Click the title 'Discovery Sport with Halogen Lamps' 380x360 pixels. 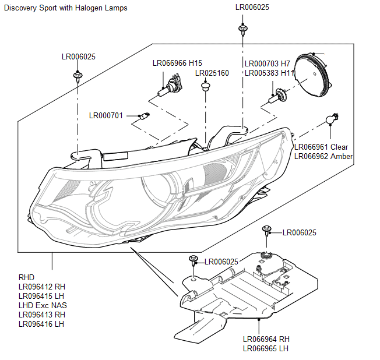pyautogui.click(x=65, y=8)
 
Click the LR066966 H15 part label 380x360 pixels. pyautogui.click(x=177, y=63)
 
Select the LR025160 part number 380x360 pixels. pyautogui.click(x=212, y=73)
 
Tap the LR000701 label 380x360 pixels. pyautogui.click(x=106, y=115)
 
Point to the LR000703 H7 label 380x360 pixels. pyautogui.click(x=267, y=63)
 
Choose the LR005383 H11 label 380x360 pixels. pyautogui.click(x=269, y=73)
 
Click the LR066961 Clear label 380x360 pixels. pyautogui.click(x=321, y=147)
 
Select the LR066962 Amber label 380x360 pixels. pyautogui.click(x=323, y=156)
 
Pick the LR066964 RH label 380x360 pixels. pyautogui.click(x=266, y=340)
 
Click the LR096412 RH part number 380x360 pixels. pyautogui.click(x=42, y=287)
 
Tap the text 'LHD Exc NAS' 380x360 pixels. pyautogui.click(x=43, y=305)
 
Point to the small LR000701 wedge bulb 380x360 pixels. pyautogui.click(x=140, y=116)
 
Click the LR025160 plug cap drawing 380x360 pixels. pyautogui.click(x=205, y=87)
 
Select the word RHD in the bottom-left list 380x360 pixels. pyautogui.click(x=27, y=277)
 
